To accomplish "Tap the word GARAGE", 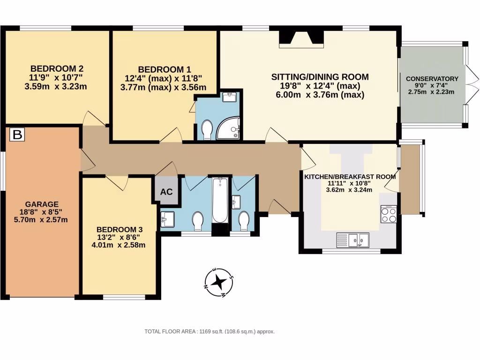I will [x=42, y=204].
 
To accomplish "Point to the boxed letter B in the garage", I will [x=17, y=135].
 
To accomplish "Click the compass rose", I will [x=218, y=283].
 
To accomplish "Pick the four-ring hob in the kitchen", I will [x=389, y=214].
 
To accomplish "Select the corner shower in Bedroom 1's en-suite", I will [x=230, y=128].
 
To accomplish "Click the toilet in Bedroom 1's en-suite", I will [x=206, y=129].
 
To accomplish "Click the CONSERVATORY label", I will [x=432, y=79].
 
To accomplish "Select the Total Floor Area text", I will [x=209, y=331].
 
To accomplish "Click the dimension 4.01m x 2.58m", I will [x=118, y=245].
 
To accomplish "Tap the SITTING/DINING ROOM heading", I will [x=320, y=77].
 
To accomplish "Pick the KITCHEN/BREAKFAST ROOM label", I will [x=350, y=177].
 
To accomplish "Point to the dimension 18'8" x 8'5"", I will [x=42, y=212].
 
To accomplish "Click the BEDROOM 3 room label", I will [x=119, y=229].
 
